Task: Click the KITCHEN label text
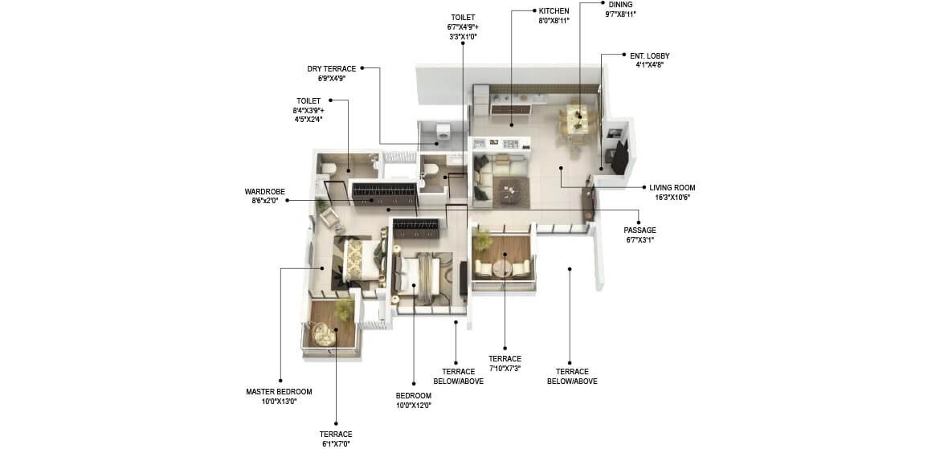(554, 11)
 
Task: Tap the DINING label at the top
(620, 4)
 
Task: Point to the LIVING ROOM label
(672, 188)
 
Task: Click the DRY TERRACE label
(331, 69)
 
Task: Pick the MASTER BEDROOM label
(278, 392)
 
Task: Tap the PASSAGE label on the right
(640, 231)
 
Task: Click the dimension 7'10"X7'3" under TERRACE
(505, 369)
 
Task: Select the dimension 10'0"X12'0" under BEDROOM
(413, 406)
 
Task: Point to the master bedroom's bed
(359, 260)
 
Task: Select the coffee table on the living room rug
(508, 189)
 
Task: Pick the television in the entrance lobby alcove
(619, 157)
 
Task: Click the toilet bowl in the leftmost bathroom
(327, 167)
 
